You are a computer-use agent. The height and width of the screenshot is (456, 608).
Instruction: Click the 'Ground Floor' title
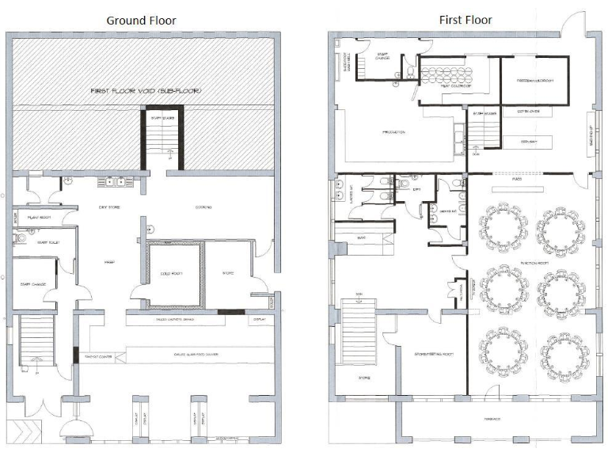pos(142,20)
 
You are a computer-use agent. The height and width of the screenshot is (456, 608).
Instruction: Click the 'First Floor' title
pos(465,20)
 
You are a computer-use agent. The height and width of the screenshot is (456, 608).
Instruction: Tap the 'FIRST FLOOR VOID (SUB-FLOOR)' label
pos(145,92)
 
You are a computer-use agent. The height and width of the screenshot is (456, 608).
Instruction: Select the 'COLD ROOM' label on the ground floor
pos(172,274)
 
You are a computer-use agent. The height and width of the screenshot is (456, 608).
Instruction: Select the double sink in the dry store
pos(112,183)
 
